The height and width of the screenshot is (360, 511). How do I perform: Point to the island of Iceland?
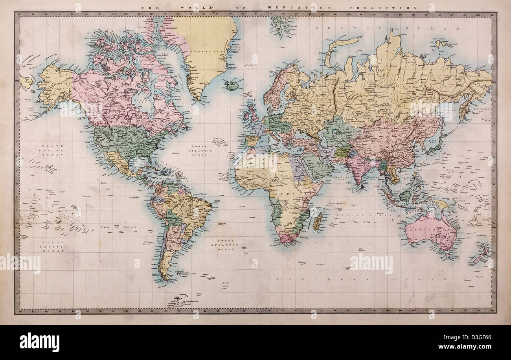pos(232,85)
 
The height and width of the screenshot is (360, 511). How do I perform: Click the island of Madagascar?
pos(318,222)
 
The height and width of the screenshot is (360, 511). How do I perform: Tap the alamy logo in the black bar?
pos(39,342)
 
